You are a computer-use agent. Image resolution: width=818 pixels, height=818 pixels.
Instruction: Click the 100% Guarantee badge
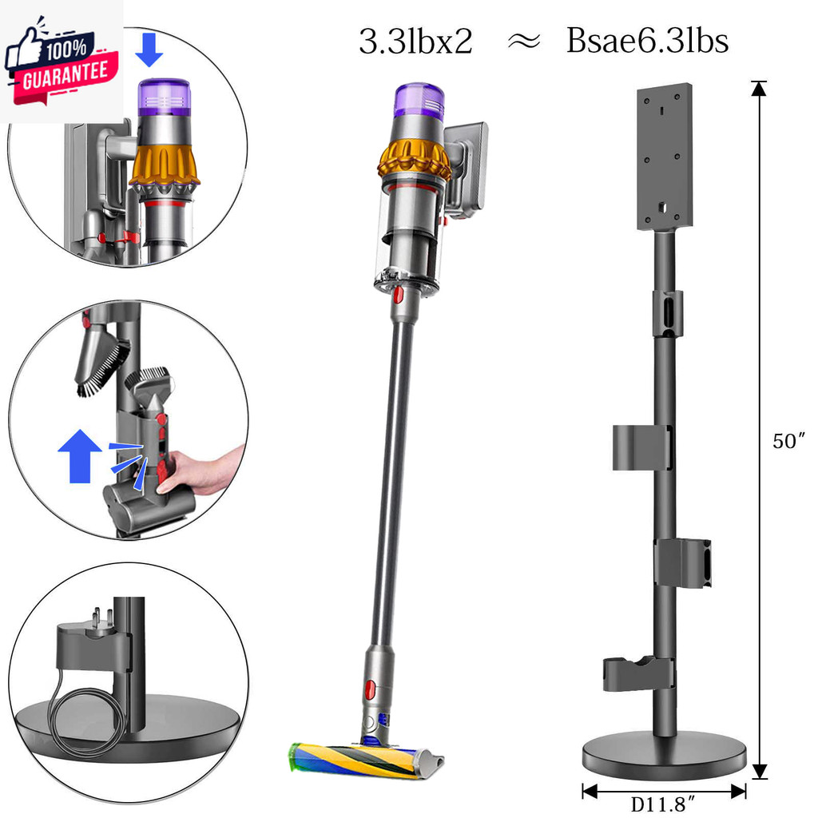click(62, 62)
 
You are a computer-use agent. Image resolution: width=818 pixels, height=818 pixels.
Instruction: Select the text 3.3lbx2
click(415, 42)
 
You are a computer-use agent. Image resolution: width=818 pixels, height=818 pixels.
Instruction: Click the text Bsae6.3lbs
click(647, 41)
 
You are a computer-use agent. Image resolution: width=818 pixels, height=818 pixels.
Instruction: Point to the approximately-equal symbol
click(524, 42)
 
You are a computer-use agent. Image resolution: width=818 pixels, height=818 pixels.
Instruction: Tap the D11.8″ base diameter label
click(663, 804)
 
